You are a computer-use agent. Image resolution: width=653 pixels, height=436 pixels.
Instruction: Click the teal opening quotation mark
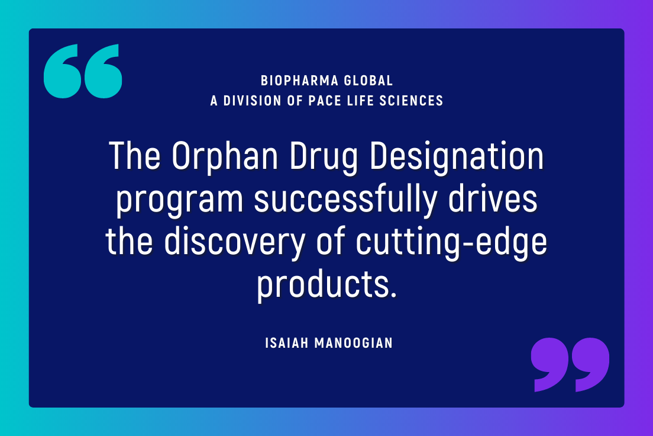83,71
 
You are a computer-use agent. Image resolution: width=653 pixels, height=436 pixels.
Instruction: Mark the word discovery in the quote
238,242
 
